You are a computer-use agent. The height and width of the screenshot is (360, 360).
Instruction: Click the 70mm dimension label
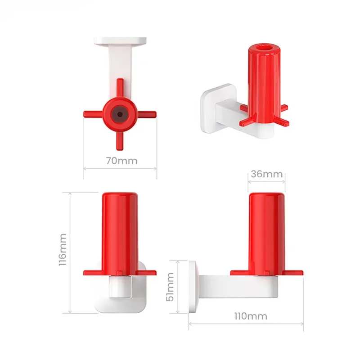[x=121, y=161]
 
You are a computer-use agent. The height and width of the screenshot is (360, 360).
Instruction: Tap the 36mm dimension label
[x=266, y=174]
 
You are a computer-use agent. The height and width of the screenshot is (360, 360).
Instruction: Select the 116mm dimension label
[x=63, y=250]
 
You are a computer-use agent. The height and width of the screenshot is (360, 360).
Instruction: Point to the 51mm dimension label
[x=170, y=287]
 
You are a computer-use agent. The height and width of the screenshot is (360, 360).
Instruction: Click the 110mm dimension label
[x=251, y=316]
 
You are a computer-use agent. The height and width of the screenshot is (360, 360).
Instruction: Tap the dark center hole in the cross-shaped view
[x=120, y=114]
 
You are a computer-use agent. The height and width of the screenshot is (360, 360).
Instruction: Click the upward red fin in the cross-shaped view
[x=120, y=88]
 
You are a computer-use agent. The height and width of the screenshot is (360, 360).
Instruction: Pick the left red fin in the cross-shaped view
[x=93, y=114]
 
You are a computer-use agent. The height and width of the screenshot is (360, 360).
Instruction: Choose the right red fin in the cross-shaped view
[x=147, y=114]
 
